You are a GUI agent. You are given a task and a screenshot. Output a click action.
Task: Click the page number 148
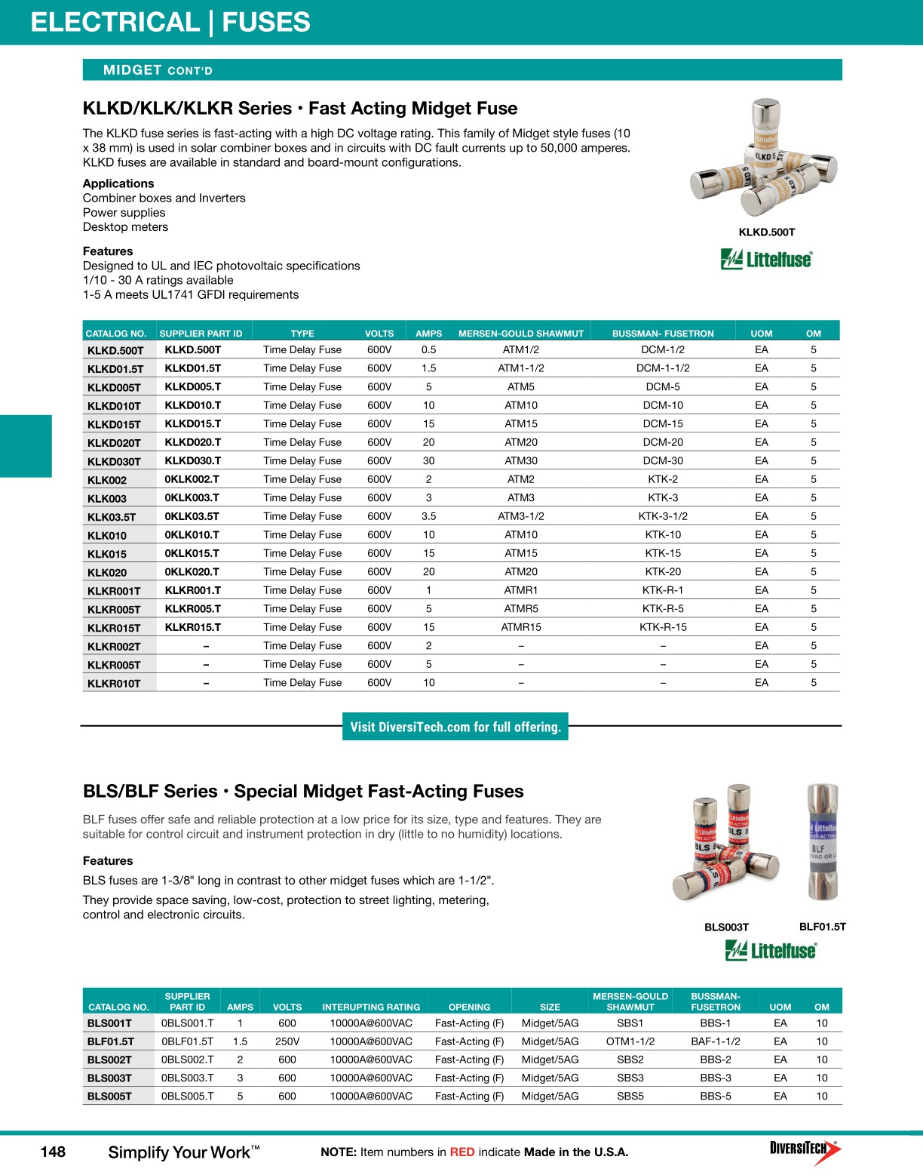[x=53, y=1152]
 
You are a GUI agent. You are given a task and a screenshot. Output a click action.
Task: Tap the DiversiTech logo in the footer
[x=805, y=1150]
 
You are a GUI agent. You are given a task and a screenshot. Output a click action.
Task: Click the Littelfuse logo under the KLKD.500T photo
[x=766, y=260]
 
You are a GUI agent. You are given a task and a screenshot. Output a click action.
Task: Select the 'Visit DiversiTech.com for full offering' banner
[x=455, y=727]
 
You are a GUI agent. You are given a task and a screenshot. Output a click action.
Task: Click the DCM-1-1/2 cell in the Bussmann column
[x=662, y=368]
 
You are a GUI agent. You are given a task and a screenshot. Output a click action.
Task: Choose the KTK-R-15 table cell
[x=662, y=627]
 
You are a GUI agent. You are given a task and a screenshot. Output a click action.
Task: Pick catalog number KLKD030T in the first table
[x=114, y=461]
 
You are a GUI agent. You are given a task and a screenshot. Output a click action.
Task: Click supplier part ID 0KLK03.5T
[x=192, y=516]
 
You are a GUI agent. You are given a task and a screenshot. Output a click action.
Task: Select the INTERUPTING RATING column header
[x=371, y=1007]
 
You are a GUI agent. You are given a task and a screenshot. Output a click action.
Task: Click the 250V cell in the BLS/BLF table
[x=287, y=1041]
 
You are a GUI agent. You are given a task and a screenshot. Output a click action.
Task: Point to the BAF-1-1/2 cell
[x=715, y=1041]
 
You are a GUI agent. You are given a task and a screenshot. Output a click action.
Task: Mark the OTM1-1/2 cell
[x=630, y=1041]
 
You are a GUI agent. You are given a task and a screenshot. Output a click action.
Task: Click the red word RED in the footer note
[x=461, y=1152]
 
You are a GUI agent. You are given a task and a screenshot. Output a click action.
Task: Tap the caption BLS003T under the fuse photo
[x=726, y=927]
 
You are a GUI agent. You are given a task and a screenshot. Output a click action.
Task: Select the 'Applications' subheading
[x=118, y=183]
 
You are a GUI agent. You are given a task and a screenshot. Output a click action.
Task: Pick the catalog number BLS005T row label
[x=109, y=1097]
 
